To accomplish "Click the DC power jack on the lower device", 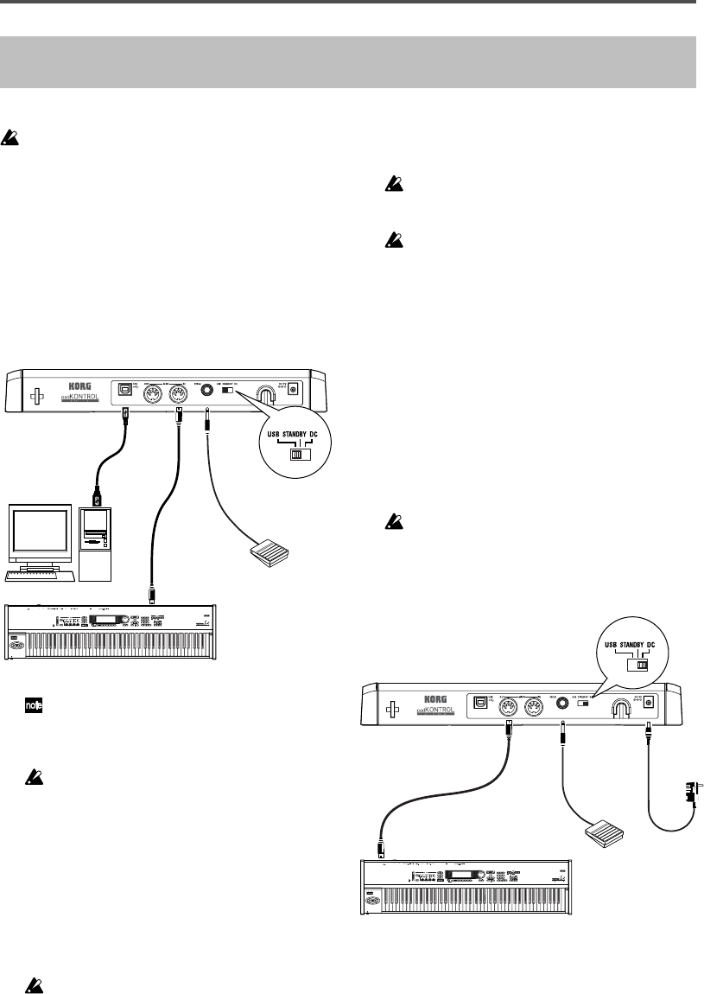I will click(x=646, y=705).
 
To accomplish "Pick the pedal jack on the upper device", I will click(x=208, y=391).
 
